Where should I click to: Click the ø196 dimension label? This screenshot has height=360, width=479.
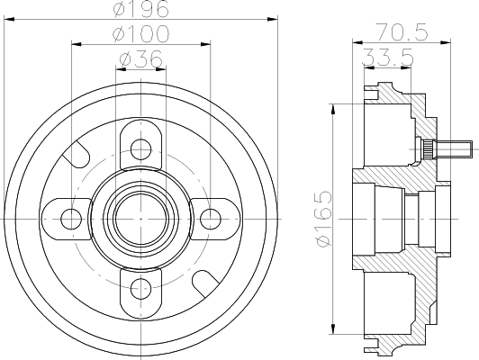click(x=140, y=8)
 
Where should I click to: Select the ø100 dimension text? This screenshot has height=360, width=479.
click(x=140, y=33)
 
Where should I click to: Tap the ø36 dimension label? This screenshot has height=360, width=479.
click(x=140, y=58)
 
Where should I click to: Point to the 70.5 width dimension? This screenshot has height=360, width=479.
click(x=402, y=31)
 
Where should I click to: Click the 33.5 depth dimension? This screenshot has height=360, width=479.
click(x=388, y=57)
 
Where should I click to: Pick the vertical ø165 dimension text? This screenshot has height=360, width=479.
click(x=323, y=219)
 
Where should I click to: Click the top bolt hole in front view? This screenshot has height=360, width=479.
click(x=140, y=149)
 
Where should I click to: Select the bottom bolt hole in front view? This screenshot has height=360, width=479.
click(x=140, y=289)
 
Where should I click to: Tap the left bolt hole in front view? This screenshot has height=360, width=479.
click(x=71, y=219)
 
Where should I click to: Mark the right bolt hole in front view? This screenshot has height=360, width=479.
click(x=211, y=219)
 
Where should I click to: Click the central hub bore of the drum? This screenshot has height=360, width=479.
click(x=140, y=219)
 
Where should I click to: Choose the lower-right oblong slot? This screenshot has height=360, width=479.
click(x=205, y=283)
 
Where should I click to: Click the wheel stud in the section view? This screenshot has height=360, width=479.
click(x=446, y=149)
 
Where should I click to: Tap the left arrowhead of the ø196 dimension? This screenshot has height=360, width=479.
click(x=9, y=19)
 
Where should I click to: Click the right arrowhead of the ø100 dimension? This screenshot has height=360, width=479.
click(x=205, y=44)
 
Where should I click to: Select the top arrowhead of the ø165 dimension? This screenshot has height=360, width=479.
click(x=333, y=109)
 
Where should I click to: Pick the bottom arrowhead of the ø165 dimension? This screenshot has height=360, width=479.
click(x=333, y=328)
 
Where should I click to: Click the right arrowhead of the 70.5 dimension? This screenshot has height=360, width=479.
click(x=446, y=42)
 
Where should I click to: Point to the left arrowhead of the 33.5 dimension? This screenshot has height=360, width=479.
click(x=369, y=68)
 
